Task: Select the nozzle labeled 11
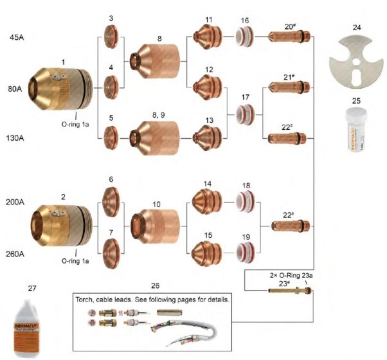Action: point(208,39)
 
